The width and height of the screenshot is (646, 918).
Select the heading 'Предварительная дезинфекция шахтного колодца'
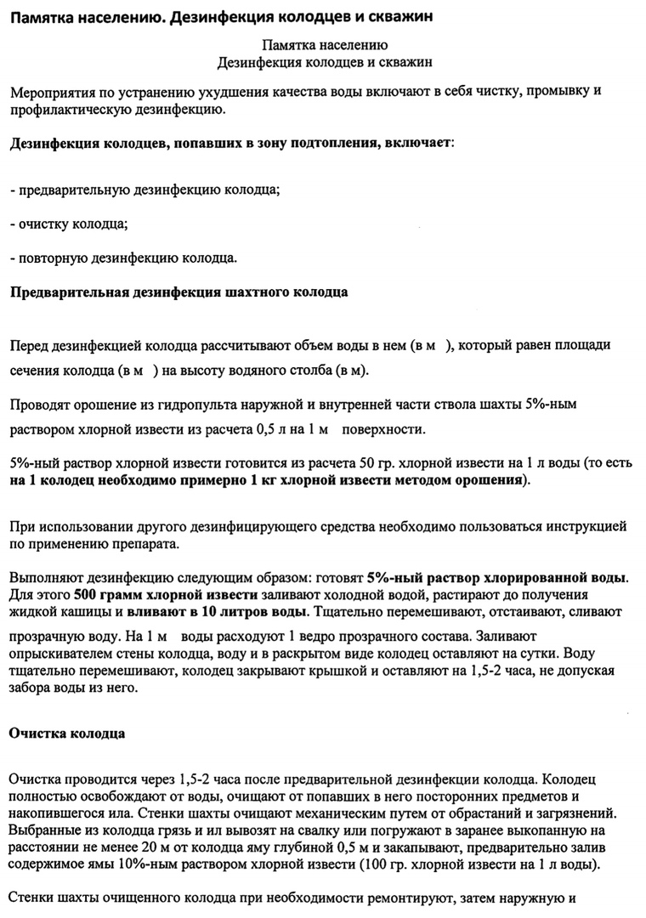click(x=178, y=293)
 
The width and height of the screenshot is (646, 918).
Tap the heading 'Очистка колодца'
click(x=67, y=734)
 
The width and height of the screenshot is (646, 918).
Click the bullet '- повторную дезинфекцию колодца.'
click(x=123, y=258)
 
